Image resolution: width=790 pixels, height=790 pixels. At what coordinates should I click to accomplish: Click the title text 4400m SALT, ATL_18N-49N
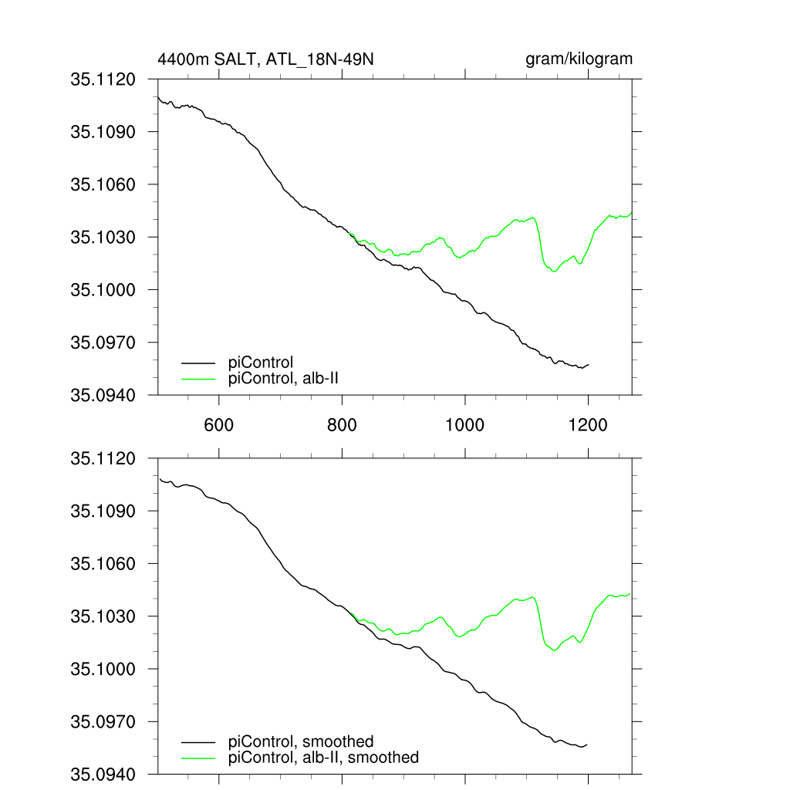(266, 59)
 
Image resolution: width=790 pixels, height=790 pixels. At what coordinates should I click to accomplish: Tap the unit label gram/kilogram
(579, 59)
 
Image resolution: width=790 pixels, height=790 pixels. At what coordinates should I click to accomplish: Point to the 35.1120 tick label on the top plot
(103, 79)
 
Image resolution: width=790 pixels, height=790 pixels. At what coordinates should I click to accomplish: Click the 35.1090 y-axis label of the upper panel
(103, 132)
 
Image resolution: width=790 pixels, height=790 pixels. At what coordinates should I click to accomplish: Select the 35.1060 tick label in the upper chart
(103, 184)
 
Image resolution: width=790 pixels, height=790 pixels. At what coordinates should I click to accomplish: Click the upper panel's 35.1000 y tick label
(103, 289)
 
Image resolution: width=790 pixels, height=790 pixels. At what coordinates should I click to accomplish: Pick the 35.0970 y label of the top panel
(103, 342)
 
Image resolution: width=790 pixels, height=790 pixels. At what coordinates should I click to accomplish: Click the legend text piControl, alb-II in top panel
(284, 378)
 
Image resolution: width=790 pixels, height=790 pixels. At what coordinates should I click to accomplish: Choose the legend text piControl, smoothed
(301, 742)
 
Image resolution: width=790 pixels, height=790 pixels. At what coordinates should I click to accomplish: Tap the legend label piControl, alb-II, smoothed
(324, 758)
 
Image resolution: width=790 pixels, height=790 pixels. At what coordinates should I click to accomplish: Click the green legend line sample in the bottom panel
(197, 758)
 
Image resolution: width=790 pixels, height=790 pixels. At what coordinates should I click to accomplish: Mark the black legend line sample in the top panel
(197, 362)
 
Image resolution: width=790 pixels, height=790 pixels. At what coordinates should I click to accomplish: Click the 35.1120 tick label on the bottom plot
(103, 459)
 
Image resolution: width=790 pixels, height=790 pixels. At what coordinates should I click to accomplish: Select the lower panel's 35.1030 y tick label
(103, 616)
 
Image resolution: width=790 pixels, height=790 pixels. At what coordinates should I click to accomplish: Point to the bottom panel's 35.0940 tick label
(103, 774)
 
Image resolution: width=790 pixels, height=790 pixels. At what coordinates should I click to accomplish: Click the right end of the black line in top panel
(589, 365)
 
